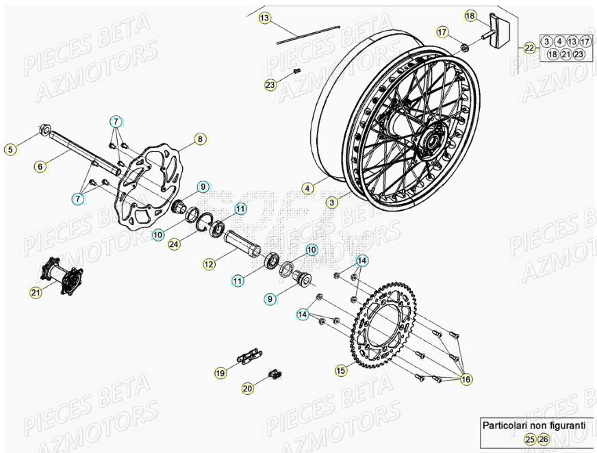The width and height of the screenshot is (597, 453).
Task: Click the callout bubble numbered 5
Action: point(10,149)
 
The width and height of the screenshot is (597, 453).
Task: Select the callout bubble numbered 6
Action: point(40,166)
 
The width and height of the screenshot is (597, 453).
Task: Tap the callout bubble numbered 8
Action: point(200,139)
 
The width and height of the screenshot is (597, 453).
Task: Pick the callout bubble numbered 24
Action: point(175,243)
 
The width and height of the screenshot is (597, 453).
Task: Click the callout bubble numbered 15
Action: point(341,370)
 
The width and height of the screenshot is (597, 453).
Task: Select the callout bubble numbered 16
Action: point(466,378)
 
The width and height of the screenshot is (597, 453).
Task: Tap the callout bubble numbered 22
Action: point(529,48)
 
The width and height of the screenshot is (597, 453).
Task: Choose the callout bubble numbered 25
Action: point(530,439)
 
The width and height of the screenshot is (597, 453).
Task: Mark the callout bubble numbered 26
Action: point(544,439)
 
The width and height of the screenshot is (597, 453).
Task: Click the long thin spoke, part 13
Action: point(308,34)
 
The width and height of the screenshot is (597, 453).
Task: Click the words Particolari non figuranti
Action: point(533,425)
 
